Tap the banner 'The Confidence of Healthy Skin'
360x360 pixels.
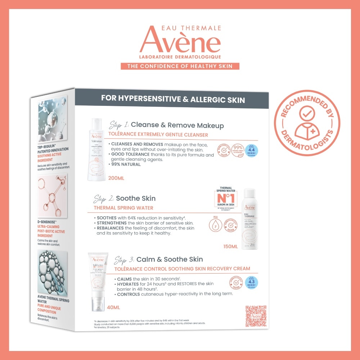[x=180, y=66]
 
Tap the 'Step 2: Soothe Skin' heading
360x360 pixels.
[x=125, y=198]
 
